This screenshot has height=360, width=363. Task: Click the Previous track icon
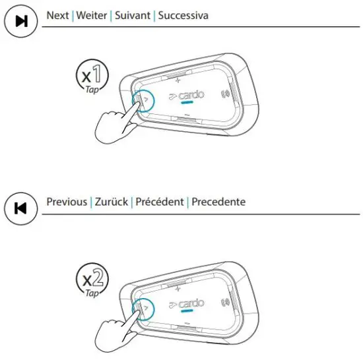[x=20, y=208]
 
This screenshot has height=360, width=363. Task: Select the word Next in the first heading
[x=58, y=15]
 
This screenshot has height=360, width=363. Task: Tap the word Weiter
[x=92, y=15]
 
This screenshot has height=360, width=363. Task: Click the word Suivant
[x=132, y=15]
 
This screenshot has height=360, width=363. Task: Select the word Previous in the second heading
[x=67, y=202]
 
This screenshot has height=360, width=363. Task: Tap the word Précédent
[x=159, y=202]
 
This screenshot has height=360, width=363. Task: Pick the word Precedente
[x=218, y=202]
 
